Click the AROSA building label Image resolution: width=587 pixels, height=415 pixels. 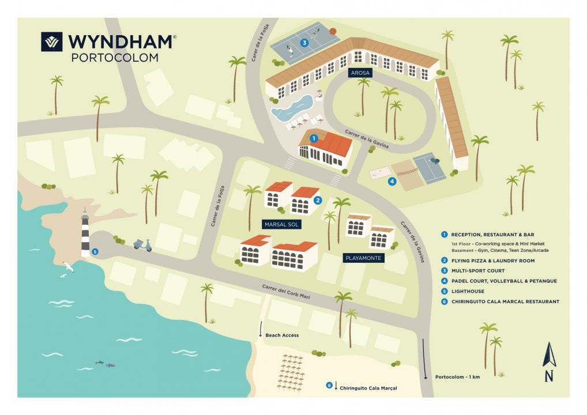tap(360, 73)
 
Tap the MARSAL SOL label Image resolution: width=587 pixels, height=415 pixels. tap(281, 225)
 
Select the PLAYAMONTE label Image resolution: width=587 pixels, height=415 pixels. tap(363, 258)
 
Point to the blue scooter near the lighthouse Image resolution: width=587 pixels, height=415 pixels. tap(142, 245)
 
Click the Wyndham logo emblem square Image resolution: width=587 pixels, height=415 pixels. tap(52, 41)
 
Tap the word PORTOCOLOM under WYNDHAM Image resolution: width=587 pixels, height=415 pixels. tap(115, 58)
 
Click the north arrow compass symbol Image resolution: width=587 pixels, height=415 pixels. tap(549, 362)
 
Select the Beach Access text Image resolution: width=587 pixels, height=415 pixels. tap(282, 335)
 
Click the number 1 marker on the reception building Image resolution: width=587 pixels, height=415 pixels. tap(314, 138)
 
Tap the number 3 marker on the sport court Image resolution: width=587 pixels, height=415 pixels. tap(304, 43)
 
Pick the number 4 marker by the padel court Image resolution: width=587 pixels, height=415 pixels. tap(392, 182)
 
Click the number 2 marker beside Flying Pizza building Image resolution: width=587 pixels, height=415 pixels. tap(318, 200)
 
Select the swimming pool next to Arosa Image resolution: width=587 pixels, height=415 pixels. tap(292, 108)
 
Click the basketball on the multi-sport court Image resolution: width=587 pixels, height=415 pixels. tap(333, 32)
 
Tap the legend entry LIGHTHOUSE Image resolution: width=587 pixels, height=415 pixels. tap(468, 291)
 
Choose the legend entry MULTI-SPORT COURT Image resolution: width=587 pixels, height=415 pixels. tap(477, 270)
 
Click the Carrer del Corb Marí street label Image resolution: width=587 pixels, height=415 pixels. tap(286, 292)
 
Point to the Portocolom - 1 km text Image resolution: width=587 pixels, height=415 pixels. tap(457, 377)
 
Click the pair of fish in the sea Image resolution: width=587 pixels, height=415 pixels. tap(105, 364)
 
